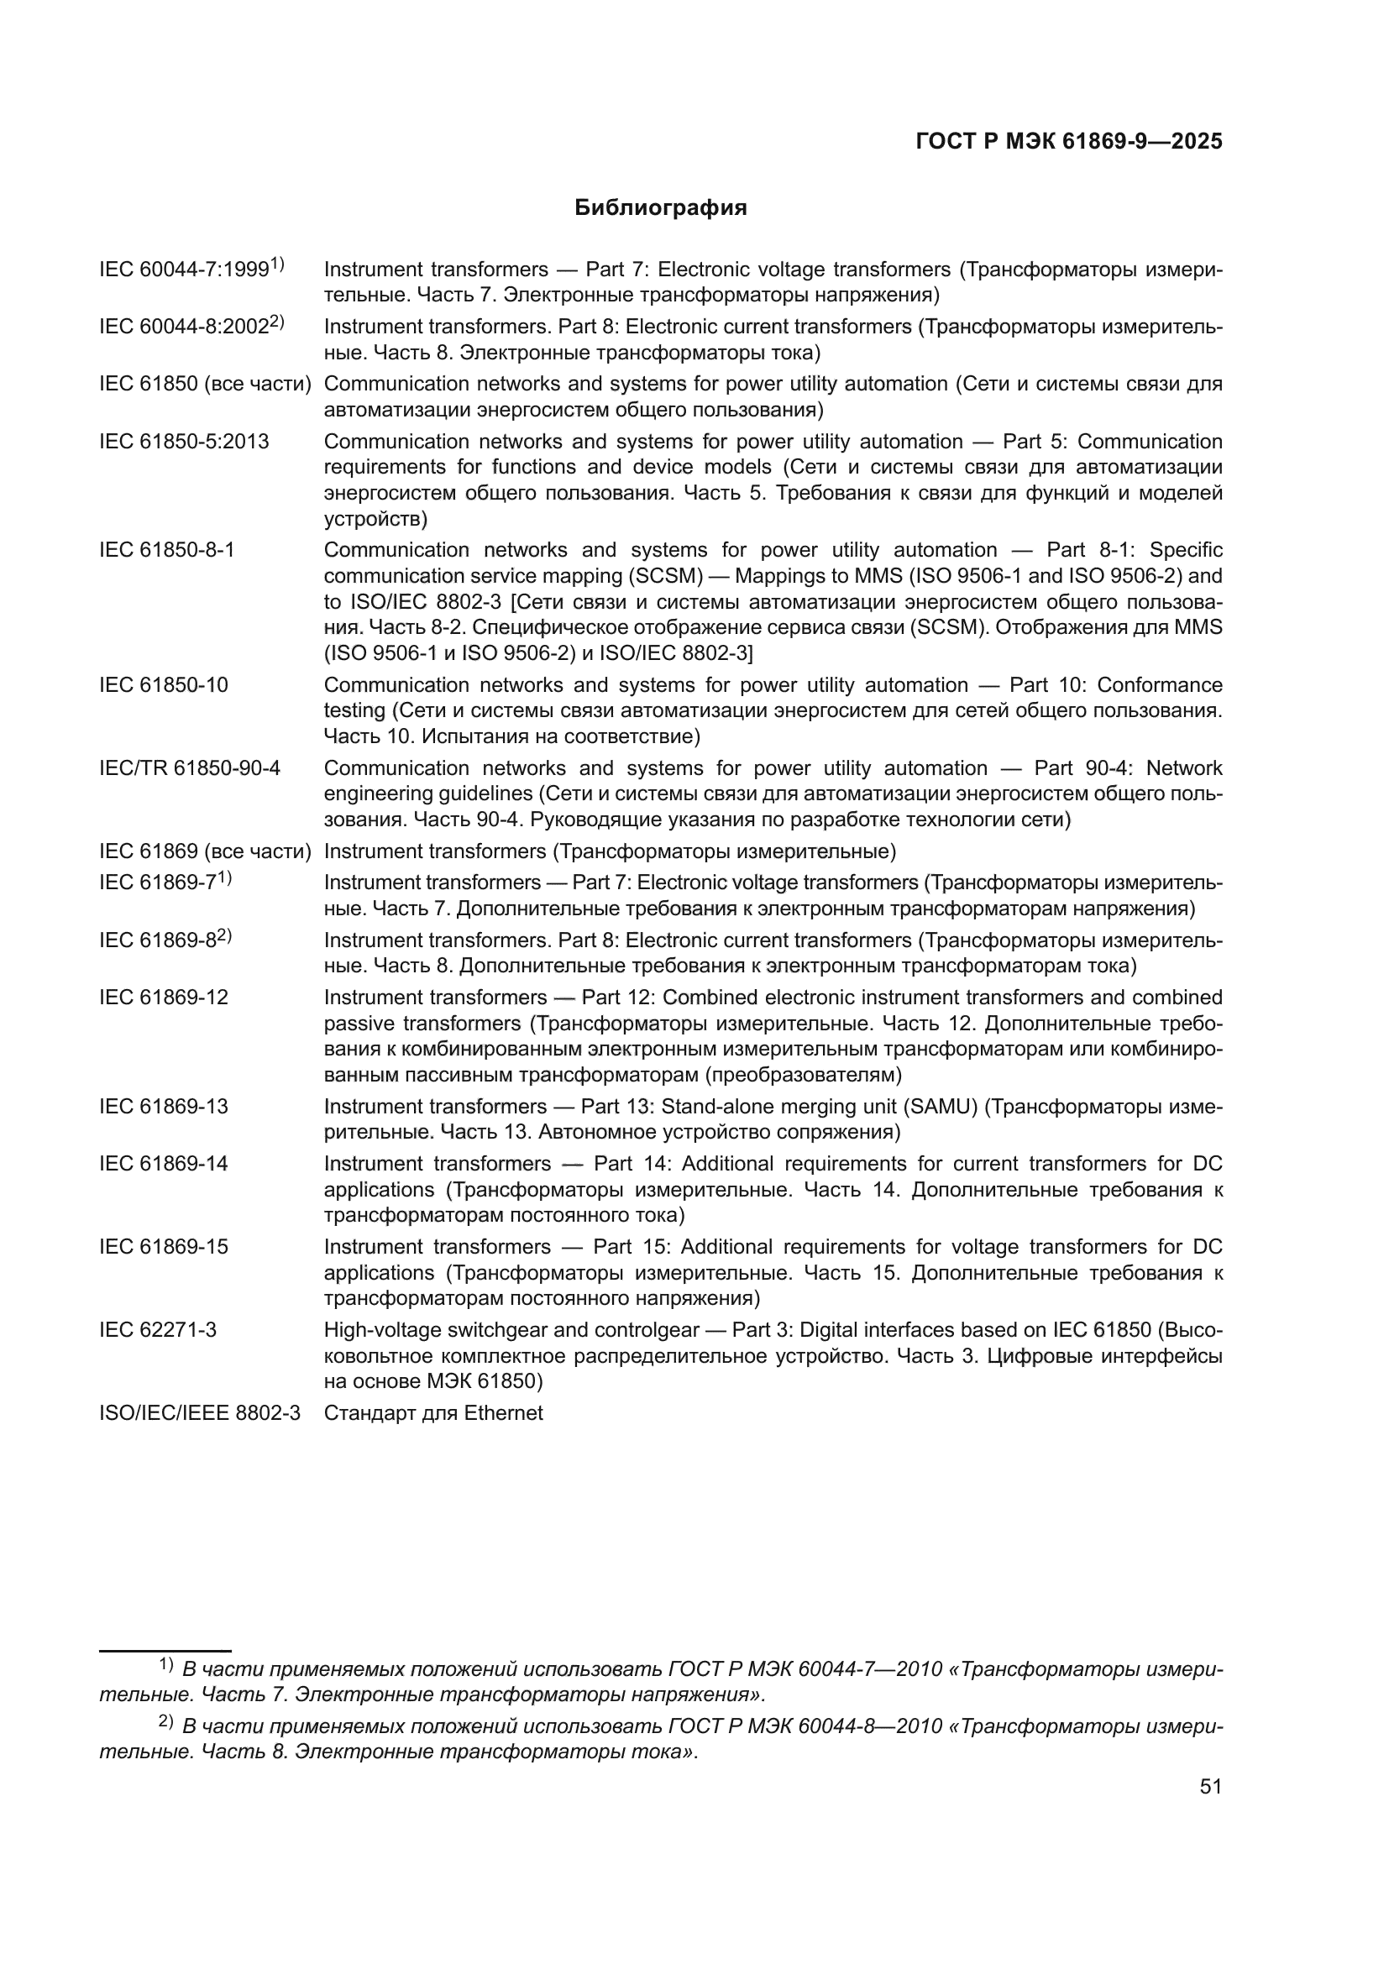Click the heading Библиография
(660, 208)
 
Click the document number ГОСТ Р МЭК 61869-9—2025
(1068, 142)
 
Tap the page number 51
(1210, 1786)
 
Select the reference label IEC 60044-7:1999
(185, 270)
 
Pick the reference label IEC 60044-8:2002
(185, 327)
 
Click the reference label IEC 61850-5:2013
(184, 442)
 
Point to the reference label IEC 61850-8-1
(167, 549)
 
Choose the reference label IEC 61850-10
(164, 684)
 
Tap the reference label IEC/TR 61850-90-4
(190, 767)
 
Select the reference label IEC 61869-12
(164, 998)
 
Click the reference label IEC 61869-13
(164, 1106)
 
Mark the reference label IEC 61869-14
(164, 1163)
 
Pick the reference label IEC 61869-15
(164, 1246)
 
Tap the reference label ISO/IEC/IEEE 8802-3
(200, 1412)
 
